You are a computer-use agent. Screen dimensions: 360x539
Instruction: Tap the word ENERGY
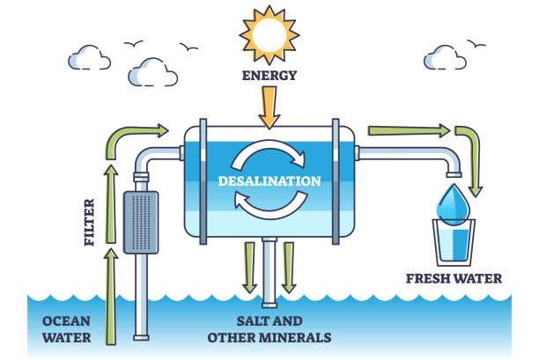point(269,76)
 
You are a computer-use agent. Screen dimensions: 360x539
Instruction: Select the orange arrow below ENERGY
point(269,107)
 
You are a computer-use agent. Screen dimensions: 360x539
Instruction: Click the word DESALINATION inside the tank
point(269,180)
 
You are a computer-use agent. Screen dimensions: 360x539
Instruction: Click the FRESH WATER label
point(454,279)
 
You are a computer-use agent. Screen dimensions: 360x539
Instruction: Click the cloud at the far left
point(90,58)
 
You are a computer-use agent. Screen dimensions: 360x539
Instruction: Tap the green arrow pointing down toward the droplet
point(471,158)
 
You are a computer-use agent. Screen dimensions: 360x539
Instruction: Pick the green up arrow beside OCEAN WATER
point(111,295)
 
